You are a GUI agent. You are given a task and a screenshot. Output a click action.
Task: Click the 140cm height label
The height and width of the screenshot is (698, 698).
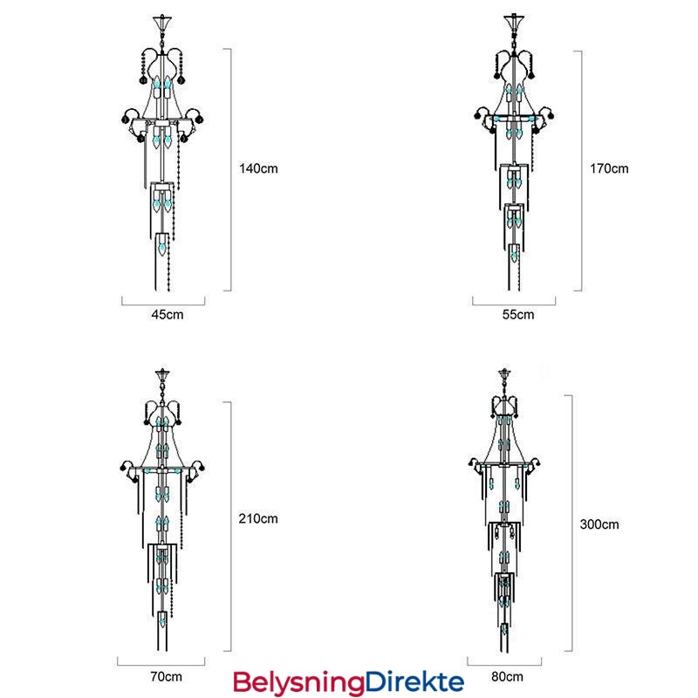click(258, 168)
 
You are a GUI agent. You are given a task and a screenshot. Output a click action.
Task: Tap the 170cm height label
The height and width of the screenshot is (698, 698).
click(609, 168)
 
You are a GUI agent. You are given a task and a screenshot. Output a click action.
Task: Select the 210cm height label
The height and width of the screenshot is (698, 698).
click(258, 518)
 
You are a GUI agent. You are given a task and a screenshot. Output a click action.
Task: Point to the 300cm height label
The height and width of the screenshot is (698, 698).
click(599, 524)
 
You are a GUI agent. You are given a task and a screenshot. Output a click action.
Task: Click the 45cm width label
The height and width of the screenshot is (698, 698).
click(168, 315)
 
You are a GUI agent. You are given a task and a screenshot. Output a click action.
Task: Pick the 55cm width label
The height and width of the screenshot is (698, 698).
click(518, 315)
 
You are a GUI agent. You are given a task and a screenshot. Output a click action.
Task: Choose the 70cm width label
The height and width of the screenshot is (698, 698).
click(166, 677)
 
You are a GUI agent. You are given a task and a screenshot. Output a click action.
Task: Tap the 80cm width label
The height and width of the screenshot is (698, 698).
click(507, 677)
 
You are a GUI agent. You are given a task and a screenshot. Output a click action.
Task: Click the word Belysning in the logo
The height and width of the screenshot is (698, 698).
click(298, 683)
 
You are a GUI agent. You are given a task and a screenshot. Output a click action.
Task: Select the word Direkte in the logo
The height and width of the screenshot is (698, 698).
click(414, 681)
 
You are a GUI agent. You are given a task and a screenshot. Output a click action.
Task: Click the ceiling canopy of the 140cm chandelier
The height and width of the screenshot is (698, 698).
click(162, 22)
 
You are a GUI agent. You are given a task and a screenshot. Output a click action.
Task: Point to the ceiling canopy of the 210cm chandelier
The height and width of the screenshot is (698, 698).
click(162, 375)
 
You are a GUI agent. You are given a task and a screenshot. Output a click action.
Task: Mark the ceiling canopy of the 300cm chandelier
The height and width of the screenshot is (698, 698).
click(504, 374)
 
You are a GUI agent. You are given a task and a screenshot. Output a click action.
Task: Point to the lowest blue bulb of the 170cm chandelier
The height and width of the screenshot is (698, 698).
click(514, 255)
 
